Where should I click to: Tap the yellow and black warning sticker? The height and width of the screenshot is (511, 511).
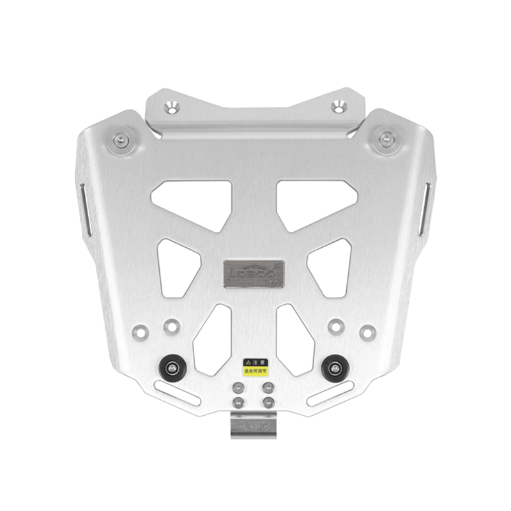click(256, 366)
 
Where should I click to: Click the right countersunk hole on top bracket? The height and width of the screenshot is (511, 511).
click(338, 105)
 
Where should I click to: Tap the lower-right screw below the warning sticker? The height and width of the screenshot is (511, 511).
click(268, 401)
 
